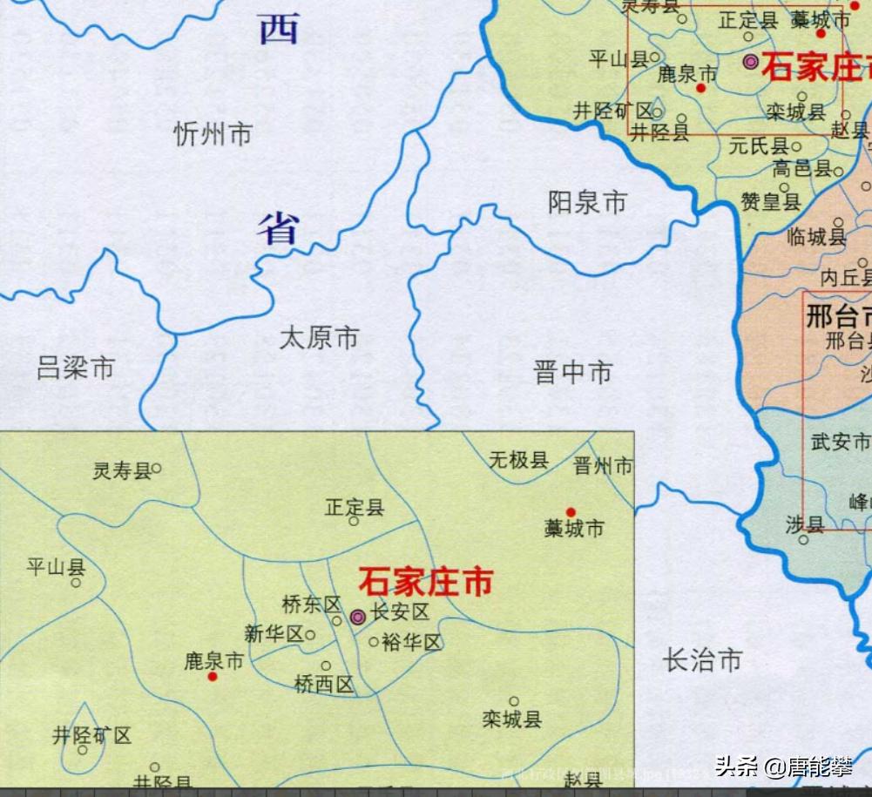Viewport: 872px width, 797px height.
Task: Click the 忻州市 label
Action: click(x=213, y=134)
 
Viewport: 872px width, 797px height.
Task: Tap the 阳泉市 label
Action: click(x=587, y=203)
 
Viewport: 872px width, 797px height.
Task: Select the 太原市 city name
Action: click(x=319, y=338)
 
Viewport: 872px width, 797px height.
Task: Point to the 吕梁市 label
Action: click(x=76, y=368)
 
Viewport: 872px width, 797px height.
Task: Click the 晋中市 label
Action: click(x=572, y=373)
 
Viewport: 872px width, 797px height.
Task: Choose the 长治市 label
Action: click(x=702, y=660)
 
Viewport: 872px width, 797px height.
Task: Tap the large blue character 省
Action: click(x=278, y=228)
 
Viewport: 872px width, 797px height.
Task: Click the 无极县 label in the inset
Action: click(x=518, y=460)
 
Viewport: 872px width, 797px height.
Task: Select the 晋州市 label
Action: click(x=603, y=466)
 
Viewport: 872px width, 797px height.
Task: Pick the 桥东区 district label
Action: click(x=311, y=604)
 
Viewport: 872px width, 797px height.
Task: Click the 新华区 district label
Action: click(x=273, y=634)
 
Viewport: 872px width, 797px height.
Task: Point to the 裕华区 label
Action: click(x=412, y=643)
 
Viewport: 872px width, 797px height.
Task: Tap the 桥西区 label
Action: click(x=324, y=686)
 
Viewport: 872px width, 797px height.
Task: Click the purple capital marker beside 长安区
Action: click(x=357, y=617)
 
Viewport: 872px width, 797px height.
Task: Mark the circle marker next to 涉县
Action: click(x=803, y=540)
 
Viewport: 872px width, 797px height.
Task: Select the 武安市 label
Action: click(x=841, y=442)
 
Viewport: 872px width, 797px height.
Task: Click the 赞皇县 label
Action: click(x=770, y=202)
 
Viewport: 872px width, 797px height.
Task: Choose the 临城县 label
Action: click(x=815, y=236)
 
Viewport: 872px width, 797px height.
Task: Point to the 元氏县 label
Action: click(x=758, y=146)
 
